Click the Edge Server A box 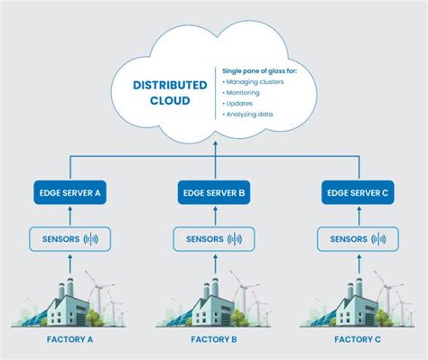[70, 192]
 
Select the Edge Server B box [214, 192]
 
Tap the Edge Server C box [358, 192]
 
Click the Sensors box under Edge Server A [70, 239]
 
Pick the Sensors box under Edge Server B [214, 239]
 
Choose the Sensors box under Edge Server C [358, 239]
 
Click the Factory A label [70, 341]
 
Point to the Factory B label [214, 341]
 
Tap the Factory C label [358, 341]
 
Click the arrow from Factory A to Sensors [70, 263]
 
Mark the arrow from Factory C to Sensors [358, 263]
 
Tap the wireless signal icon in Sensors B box [235, 239]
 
